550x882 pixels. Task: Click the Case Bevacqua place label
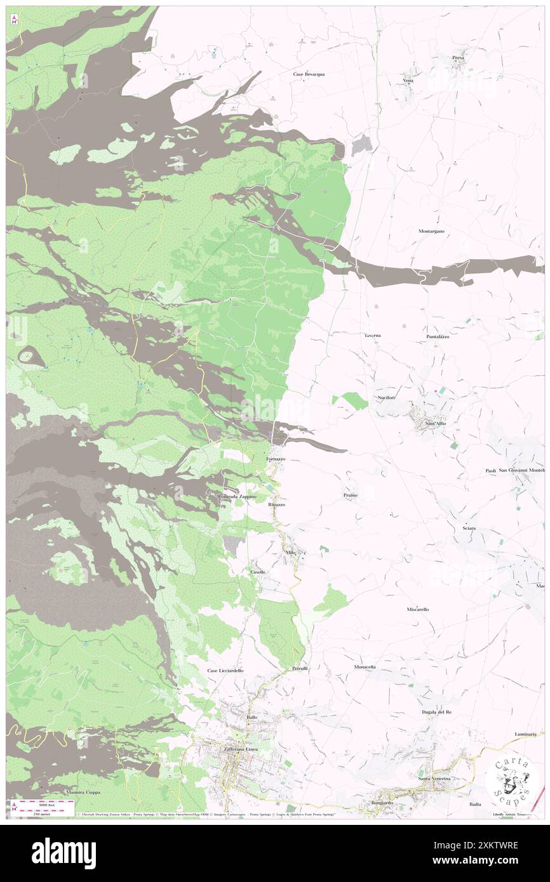click(x=309, y=74)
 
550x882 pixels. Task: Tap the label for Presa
click(x=458, y=58)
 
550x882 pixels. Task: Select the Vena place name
click(x=408, y=81)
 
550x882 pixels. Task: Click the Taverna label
click(x=372, y=334)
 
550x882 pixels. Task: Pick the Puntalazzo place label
click(x=438, y=336)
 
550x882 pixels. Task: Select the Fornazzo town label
click(x=276, y=458)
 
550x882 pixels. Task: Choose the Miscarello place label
click(x=418, y=609)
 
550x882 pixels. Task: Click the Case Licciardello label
click(x=225, y=670)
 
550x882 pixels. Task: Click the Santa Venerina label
click(x=434, y=778)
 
